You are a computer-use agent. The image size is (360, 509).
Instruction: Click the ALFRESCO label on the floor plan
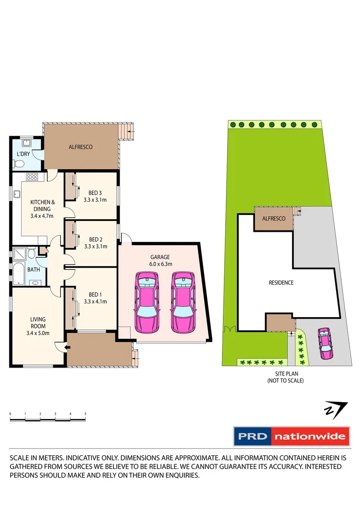(x=81, y=147)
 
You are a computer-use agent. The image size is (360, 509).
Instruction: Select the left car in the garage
(x=147, y=302)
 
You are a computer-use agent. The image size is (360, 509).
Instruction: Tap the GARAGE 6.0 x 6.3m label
(x=160, y=261)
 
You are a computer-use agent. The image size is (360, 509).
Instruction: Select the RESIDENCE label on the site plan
(x=281, y=283)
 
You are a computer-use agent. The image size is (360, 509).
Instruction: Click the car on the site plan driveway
(x=325, y=343)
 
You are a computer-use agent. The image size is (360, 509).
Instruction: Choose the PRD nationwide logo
(x=292, y=436)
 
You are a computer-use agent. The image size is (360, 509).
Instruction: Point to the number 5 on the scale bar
(x=85, y=414)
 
